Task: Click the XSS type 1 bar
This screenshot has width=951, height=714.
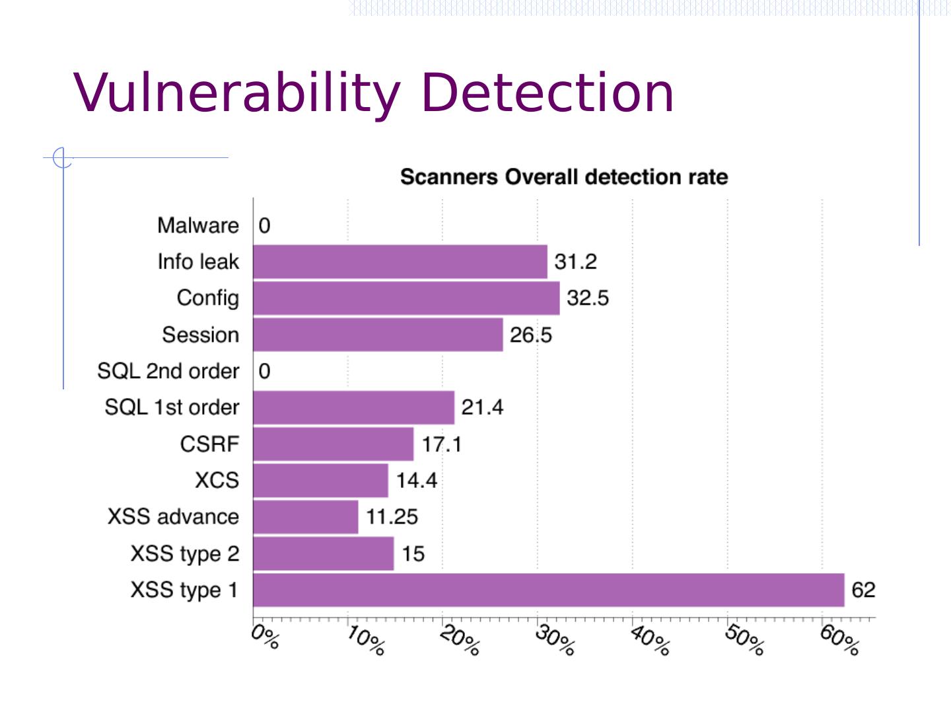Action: click(x=548, y=590)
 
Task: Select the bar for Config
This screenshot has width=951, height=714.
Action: click(x=406, y=298)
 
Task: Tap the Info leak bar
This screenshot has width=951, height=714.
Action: click(x=400, y=262)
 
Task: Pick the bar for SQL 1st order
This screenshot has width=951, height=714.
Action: click(x=353, y=407)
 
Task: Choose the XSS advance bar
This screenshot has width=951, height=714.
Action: click(x=305, y=517)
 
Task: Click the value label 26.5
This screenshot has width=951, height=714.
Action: click(x=530, y=335)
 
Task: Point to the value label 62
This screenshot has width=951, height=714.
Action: click(x=863, y=590)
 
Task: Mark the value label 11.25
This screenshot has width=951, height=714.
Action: click(x=392, y=517)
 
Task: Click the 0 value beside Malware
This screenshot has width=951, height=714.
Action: click(x=264, y=226)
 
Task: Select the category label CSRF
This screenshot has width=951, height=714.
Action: click(x=209, y=444)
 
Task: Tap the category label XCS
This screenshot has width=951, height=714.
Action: click(x=217, y=481)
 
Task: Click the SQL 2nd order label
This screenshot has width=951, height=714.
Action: click(x=168, y=371)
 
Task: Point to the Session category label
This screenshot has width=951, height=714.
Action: click(x=200, y=335)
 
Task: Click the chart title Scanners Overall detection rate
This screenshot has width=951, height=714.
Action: click(x=564, y=177)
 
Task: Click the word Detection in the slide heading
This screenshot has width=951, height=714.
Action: click(x=547, y=93)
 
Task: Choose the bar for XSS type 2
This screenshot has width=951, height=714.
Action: click(x=323, y=553)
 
